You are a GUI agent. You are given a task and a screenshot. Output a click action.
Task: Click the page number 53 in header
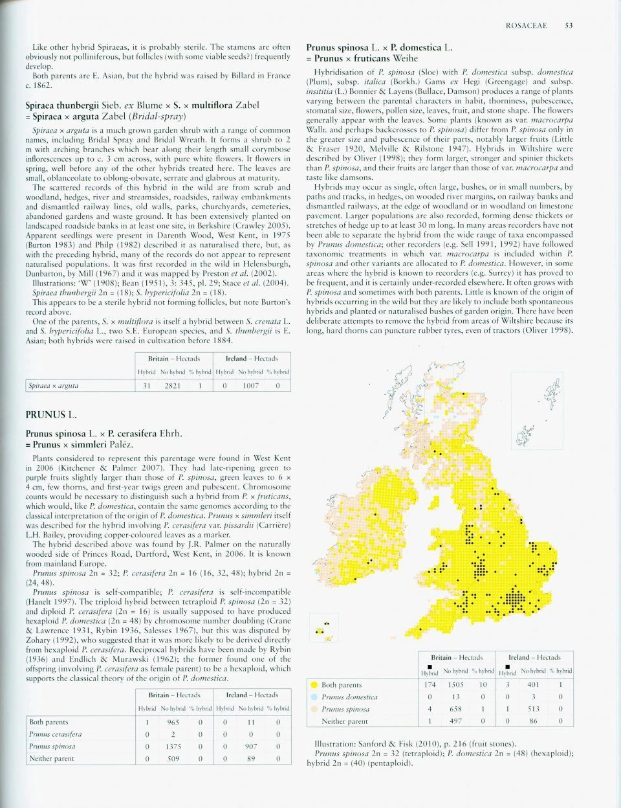568,26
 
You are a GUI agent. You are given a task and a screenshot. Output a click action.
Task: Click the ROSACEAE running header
526,26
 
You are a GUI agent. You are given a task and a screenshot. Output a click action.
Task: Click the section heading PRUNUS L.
51,414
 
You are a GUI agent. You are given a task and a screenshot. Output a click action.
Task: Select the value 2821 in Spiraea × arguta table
172,386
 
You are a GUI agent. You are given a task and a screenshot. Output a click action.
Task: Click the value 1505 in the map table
455,684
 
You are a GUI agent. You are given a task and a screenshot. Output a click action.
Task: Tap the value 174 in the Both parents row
430,684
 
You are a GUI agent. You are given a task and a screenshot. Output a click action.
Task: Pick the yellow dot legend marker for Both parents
313,684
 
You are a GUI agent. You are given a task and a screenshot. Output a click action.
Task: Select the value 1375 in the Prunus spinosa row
173,746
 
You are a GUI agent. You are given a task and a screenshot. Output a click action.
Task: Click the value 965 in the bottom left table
173,722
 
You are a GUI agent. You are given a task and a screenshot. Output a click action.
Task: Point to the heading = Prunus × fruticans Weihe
362,58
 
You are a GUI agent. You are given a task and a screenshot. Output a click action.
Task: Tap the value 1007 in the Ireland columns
250,386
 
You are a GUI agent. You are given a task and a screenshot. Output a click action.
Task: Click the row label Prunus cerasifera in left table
55,734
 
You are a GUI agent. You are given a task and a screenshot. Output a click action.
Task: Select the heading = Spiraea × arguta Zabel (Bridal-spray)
105,116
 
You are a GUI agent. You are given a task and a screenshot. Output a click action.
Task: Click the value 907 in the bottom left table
250,746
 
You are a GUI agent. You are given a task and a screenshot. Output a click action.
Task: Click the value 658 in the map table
455,709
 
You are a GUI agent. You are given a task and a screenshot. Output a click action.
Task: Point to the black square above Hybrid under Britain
430,666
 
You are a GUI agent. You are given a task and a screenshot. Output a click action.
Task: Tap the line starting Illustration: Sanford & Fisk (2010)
415,745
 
